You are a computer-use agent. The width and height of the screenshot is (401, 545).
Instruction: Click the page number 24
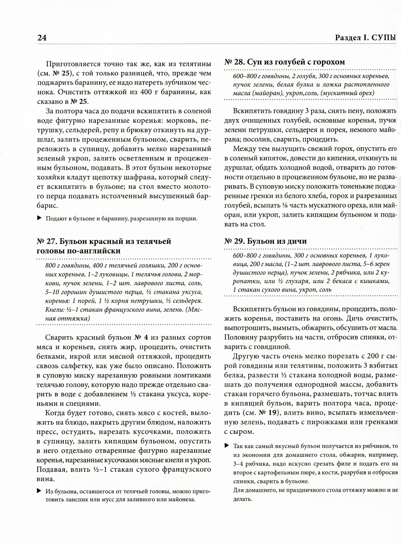[42, 38]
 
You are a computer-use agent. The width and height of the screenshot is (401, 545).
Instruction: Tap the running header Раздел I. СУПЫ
[365, 38]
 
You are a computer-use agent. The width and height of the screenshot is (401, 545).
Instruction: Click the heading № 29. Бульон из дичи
[265, 241]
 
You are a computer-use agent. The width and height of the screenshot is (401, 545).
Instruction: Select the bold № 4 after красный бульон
[140, 336]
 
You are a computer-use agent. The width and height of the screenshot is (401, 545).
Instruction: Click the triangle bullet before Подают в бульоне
[39, 218]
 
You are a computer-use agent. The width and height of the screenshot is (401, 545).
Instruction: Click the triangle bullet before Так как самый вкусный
[227, 446]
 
